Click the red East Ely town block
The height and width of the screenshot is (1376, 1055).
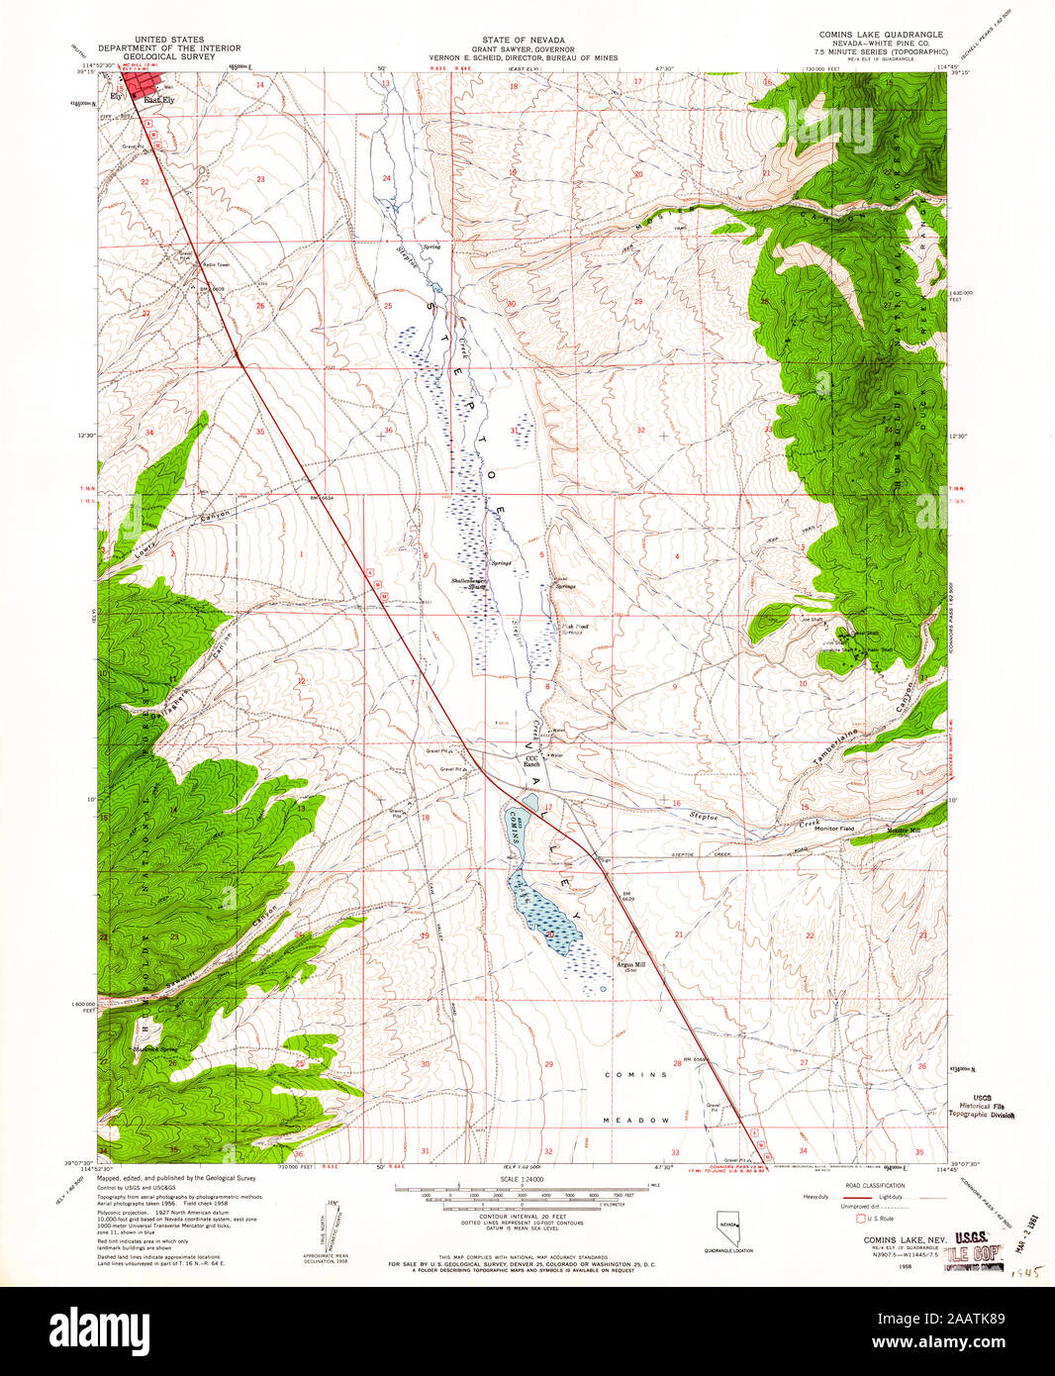(x=142, y=86)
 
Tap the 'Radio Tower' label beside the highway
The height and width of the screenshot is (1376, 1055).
(x=216, y=264)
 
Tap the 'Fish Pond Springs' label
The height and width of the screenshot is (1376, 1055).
(x=576, y=629)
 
